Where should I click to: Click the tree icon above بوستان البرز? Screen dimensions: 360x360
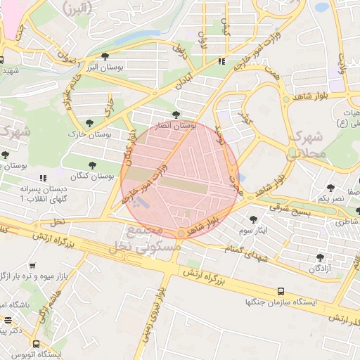[x=105, y=56]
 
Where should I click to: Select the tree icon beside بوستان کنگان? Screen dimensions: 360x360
[x=92, y=165]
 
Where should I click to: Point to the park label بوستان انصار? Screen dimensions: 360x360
[x=174, y=124]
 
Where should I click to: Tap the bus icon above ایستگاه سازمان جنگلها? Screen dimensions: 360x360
[x=282, y=290]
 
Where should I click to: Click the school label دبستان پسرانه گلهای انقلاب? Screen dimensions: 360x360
[x=45, y=194]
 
